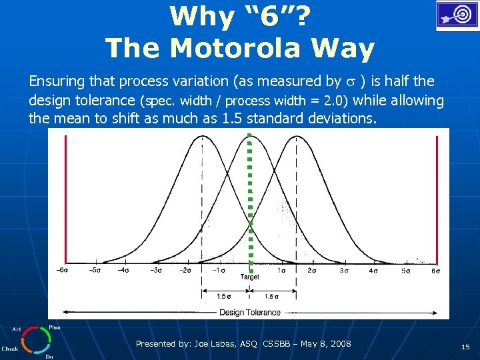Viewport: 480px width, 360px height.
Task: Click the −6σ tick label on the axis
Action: coord(63,270)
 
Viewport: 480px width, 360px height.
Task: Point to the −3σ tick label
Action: coord(156,270)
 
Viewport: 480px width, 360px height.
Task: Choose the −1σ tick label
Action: coord(217,270)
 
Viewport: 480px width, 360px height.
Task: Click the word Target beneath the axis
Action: coord(249,277)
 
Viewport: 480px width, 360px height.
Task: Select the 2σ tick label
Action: coord(312,270)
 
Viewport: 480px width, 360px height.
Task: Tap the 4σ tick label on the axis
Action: coord(374,270)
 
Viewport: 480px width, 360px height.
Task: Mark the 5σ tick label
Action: coord(405,270)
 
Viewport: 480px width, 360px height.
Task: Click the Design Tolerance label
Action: coord(250,312)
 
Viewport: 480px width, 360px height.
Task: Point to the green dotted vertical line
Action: coord(249,200)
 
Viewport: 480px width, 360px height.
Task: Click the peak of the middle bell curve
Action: coord(249,137)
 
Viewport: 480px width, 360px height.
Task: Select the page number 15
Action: coord(465,347)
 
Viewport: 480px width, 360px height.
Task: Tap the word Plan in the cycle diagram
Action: coord(55,327)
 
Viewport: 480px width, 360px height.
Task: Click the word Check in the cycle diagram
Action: coord(10,348)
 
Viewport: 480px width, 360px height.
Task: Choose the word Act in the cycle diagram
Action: coord(16,329)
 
